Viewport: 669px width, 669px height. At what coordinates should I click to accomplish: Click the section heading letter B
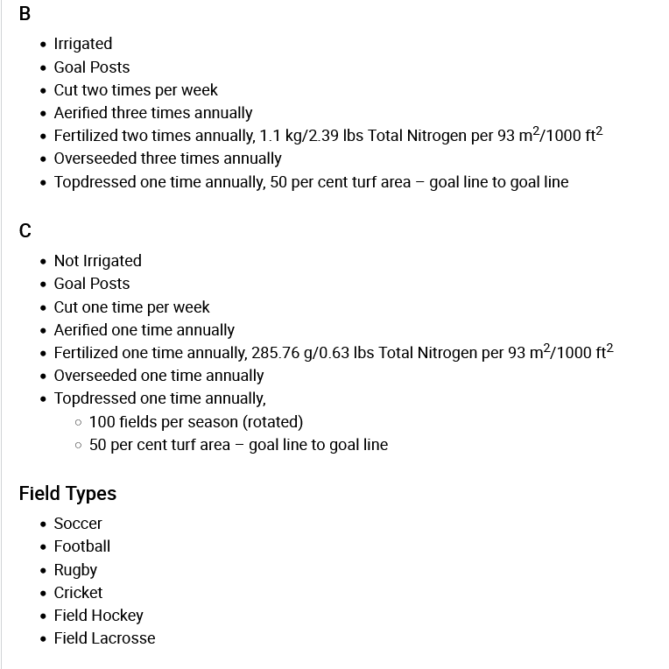25,14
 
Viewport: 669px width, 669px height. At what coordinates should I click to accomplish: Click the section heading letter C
25,231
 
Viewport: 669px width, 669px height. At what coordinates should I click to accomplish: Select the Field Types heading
67,494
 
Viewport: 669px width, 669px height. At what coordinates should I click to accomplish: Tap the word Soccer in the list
78,524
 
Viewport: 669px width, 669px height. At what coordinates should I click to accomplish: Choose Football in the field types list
82,546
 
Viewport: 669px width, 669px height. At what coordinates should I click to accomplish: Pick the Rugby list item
75,570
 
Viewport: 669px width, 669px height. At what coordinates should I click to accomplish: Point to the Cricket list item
78,593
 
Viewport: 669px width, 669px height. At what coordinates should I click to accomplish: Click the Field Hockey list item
98,616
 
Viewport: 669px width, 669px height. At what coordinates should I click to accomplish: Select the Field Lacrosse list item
104,638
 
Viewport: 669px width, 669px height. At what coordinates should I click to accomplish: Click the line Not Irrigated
97,261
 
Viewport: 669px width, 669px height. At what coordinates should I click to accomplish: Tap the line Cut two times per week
136,90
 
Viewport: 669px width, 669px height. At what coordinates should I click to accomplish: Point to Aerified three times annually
153,113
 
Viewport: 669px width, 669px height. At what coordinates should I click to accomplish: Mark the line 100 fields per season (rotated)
196,422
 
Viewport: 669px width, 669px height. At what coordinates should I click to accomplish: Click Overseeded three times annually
167,158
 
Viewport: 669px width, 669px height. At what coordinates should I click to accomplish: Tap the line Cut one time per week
132,307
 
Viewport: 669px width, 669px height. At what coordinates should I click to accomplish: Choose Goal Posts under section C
92,284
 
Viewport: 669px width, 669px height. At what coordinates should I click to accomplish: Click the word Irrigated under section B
83,44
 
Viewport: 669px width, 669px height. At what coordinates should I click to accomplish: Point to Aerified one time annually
144,330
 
